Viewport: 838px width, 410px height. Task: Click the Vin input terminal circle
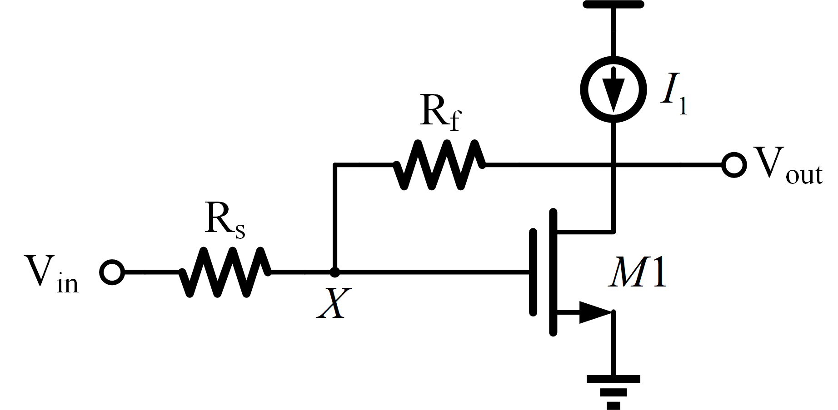point(112,272)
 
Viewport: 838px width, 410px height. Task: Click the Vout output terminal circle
point(733,165)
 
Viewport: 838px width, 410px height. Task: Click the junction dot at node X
point(335,272)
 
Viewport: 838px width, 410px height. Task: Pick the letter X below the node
point(334,303)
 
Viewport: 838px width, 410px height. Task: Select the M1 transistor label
point(637,272)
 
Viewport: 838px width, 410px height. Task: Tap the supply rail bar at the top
point(614,5)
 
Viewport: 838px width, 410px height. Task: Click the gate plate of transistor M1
point(533,272)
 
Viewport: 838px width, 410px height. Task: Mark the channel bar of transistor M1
point(553,272)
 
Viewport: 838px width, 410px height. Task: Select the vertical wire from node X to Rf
point(335,218)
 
